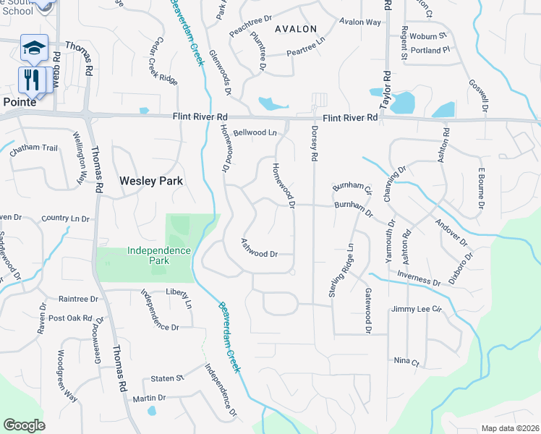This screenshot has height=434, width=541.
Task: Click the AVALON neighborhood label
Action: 295,29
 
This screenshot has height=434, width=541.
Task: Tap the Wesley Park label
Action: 151,181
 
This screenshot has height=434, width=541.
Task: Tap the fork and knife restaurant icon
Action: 31,79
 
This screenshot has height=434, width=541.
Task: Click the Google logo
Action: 24,425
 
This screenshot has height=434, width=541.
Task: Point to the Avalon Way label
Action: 359,22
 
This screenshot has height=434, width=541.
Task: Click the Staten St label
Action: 167,378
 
